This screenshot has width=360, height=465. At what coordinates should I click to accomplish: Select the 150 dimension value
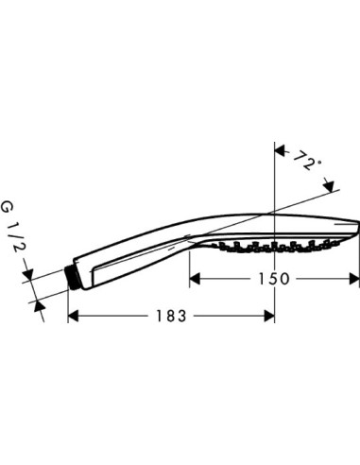(x=274, y=279)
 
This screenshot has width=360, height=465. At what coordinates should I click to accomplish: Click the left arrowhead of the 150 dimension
(x=195, y=280)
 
